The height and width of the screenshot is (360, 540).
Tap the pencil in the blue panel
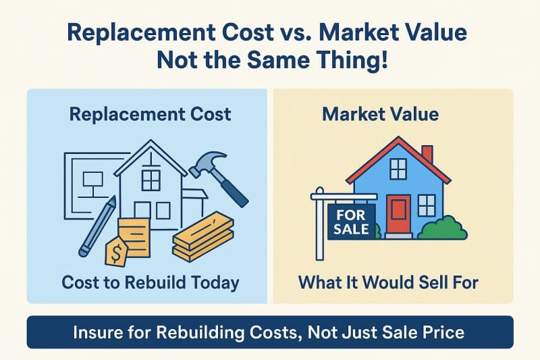click(98, 226)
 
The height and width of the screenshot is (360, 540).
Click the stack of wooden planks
click(203, 236)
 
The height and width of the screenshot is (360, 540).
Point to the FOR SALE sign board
click(351, 222)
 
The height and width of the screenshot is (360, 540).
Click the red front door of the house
click(398, 214)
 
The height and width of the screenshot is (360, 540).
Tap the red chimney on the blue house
click(427, 154)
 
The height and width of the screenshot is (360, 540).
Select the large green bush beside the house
click(443, 228)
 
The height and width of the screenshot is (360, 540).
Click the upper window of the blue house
click(398, 168)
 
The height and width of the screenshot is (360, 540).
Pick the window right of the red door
click(427, 205)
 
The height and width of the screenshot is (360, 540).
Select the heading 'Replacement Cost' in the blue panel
click(150, 114)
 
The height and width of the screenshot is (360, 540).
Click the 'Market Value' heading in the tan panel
click(381, 114)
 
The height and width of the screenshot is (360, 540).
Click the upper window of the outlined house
click(151, 180)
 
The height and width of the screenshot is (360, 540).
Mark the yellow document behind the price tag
click(134, 238)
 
